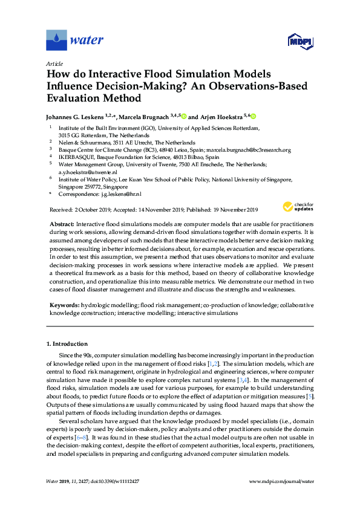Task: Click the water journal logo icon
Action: pos(56,41)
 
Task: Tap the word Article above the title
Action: pos(54,63)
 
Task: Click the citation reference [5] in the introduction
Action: pos(310,395)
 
